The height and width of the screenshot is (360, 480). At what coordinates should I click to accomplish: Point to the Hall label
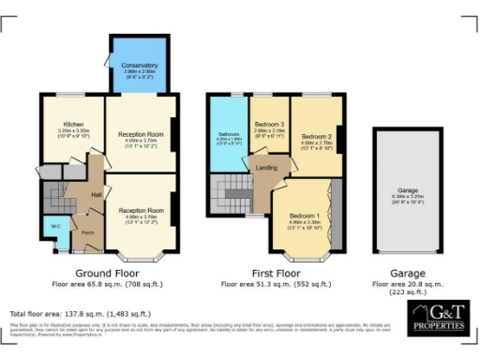96,194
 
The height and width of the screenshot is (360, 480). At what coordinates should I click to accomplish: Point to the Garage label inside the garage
406,190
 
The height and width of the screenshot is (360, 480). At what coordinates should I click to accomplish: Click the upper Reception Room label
140,134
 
